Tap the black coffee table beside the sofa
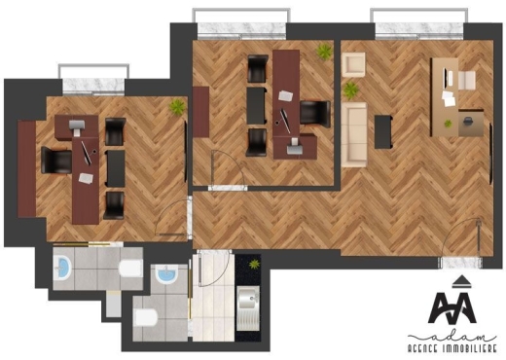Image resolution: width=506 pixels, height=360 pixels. (382, 130)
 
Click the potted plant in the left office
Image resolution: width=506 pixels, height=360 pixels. (177, 106)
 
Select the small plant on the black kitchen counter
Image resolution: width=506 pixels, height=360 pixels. (253, 263)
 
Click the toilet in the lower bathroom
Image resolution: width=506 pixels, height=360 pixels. (146, 317)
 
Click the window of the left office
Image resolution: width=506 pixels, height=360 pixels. (94, 73)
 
